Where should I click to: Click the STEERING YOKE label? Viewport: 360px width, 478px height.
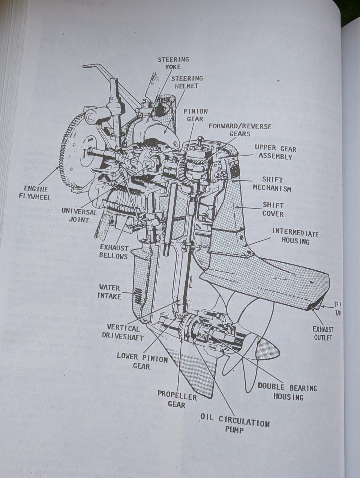click(x=173, y=63)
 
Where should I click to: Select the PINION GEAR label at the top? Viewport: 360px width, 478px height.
click(x=195, y=115)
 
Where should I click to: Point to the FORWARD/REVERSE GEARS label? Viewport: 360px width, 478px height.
click(x=240, y=130)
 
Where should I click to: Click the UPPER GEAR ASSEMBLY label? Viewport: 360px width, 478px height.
click(x=275, y=152)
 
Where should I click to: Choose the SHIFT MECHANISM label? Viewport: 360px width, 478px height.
click(x=272, y=184)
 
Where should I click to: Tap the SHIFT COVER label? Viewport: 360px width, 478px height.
click(x=273, y=209)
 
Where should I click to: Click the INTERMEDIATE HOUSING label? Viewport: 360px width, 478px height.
click(x=295, y=237)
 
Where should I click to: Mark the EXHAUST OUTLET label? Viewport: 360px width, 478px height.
click(x=323, y=333)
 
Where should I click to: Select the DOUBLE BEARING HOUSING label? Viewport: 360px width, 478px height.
click(x=287, y=392)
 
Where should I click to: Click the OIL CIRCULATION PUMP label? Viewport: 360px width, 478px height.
click(x=235, y=426)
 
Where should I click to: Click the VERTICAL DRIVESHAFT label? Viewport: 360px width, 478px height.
click(x=123, y=333)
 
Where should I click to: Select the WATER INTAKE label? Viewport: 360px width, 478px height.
click(x=109, y=292)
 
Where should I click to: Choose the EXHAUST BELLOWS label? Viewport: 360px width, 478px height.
click(x=114, y=252)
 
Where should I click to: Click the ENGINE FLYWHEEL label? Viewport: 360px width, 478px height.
click(x=36, y=192)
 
